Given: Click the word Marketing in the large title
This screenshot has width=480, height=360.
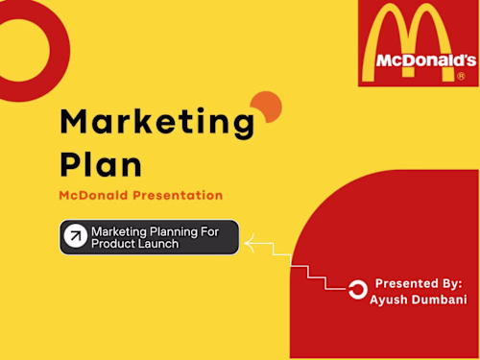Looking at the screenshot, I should pos(157,124).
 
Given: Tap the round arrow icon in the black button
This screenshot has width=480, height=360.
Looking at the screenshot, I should pos(75,237).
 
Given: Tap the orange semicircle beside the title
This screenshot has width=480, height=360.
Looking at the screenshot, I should pos(266,106).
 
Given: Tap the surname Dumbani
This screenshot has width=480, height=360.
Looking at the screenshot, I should pos(440,300).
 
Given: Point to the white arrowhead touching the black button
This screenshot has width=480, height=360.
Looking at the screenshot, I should pos(250,246).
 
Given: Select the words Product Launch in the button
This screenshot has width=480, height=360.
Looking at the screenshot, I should pos(134,245).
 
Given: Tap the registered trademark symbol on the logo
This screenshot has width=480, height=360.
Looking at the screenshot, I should pos(461,75).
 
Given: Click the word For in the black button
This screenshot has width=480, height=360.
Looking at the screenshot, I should pos(216,231).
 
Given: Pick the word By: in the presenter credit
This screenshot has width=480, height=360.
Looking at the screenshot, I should pos(453,283).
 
